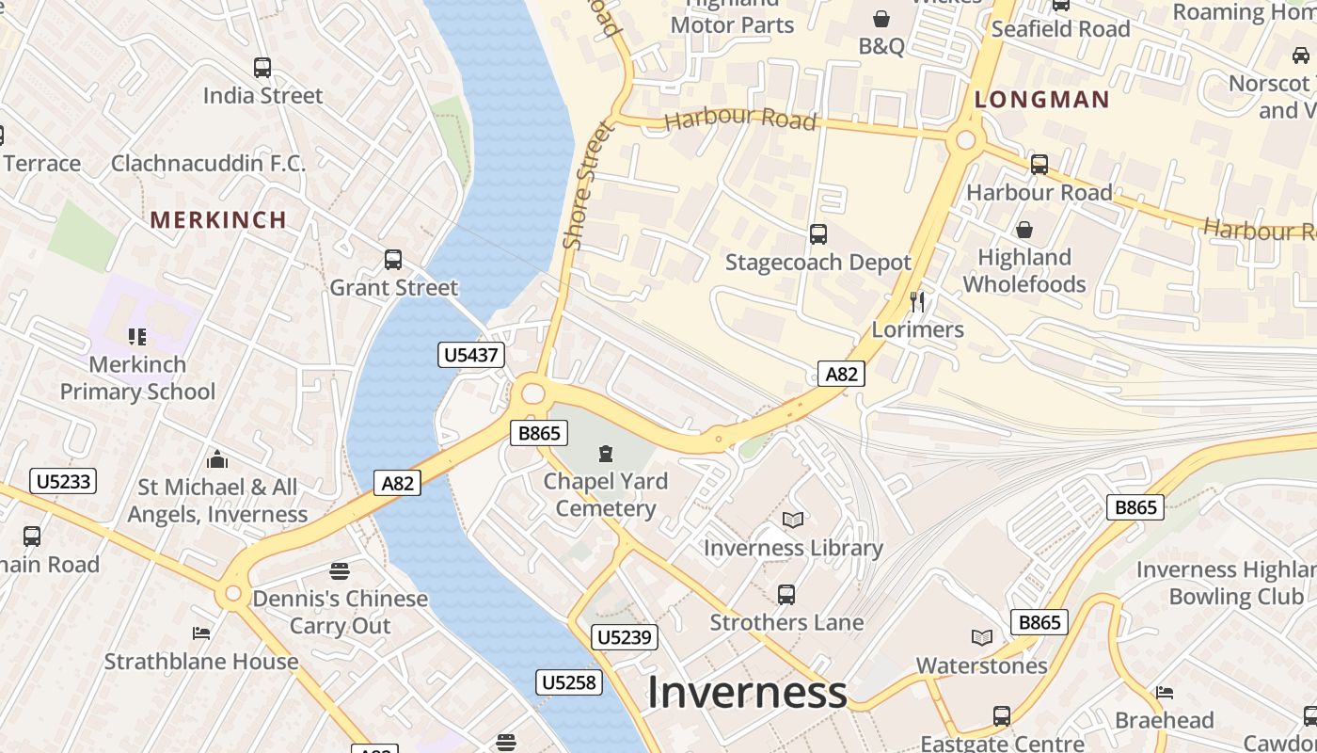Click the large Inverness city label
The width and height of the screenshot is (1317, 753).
tap(747, 692)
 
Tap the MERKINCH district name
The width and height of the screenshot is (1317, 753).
tap(218, 219)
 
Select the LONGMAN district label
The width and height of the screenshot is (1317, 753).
tap(1041, 99)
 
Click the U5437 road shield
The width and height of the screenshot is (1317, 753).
tap(471, 355)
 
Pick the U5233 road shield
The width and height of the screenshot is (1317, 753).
tap(63, 481)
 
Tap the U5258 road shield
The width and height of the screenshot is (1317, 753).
tap(569, 682)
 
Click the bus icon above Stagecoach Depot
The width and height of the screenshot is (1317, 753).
tap(817, 233)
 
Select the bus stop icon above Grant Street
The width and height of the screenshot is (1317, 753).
tap(393, 259)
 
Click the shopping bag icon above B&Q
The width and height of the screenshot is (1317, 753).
tap(881, 19)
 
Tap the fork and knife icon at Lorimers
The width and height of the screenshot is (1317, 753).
tap(918, 301)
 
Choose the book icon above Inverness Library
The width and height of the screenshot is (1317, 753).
tap(793, 520)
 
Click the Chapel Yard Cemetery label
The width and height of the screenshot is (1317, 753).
tap(605, 495)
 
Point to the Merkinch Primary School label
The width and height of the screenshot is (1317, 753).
tap(137, 377)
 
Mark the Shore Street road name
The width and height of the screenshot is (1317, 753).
tap(587, 186)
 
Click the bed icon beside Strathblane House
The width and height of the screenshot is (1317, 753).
tap(201, 633)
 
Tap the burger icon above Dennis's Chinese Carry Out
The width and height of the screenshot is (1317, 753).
tap(340, 570)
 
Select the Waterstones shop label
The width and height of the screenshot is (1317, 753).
tap(981, 665)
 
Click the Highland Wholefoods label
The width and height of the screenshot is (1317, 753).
tap(1023, 271)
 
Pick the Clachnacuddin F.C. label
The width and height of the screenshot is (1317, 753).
tap(208, 163)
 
